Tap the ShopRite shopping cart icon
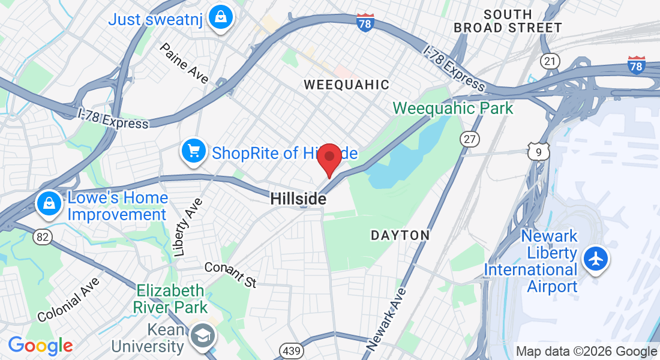tap(193, 150)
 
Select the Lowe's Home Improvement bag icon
tap(47, 205)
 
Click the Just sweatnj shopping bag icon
tap(220, 19)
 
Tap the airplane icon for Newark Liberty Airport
tap(595, 260)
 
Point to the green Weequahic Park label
tap(453, 109)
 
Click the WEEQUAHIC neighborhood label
tap(346, 85)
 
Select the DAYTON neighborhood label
tap(400, 235)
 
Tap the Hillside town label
tap(298, 199)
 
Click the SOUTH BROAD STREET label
tap(508, 21)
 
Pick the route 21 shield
tap(550, 61)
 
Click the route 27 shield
tap(470, 139)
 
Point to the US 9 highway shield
tap(538, 152)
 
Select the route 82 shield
tap(42, 237)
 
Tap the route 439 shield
tap(287, 350)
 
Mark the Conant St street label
tap(230, 274)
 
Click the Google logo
tap(40, 346)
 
